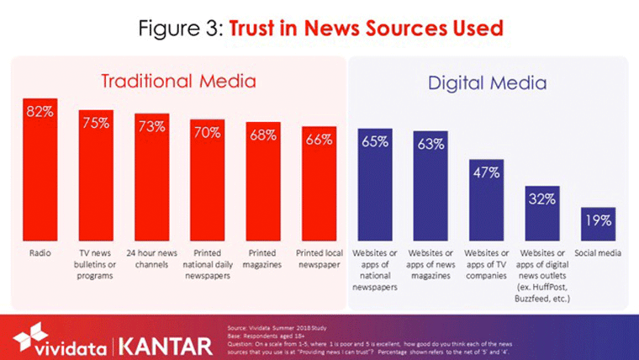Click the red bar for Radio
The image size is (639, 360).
(x=39, y=168)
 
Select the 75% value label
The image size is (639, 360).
(x=95, y=124)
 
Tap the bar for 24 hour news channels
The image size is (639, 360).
(x=151, y=177)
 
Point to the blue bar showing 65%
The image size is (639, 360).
(x=375, y=185)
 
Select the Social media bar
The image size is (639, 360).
(x=598, y=224)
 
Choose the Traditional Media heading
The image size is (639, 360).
(x=177, y=82)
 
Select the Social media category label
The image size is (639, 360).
(x=598, y=253)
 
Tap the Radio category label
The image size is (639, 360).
(x=39, y=253)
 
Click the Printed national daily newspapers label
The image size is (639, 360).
(x=207, y=264)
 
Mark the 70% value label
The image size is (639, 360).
(x=207, y=132)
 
